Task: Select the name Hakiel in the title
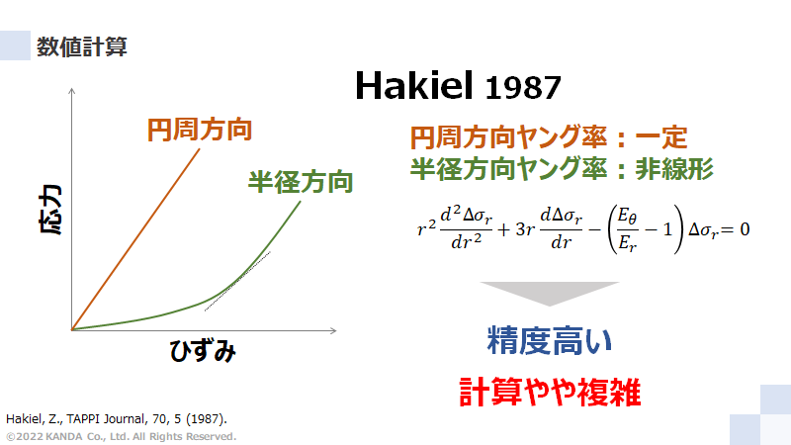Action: pyautogui.click(x=415, y=87)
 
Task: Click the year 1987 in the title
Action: pyautogui.click(x=524, y=88)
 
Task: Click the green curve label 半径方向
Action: pyautogui.click(x=300, y=182)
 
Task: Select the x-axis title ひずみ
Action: pyautogui.click(x=203, y=350)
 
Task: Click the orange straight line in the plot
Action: pyautogui.click(x=138, y=237)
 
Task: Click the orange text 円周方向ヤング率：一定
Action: pyautogui.click(x=548, y=137)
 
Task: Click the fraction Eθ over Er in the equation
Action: pyautogui.click(x=627, y=228)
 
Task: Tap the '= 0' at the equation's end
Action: pyautogui.click(x=733, y=228)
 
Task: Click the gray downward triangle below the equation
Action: pyautogui.click(x=549, y=293)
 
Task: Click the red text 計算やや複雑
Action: pyautogui.click(x=550, y=393)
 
